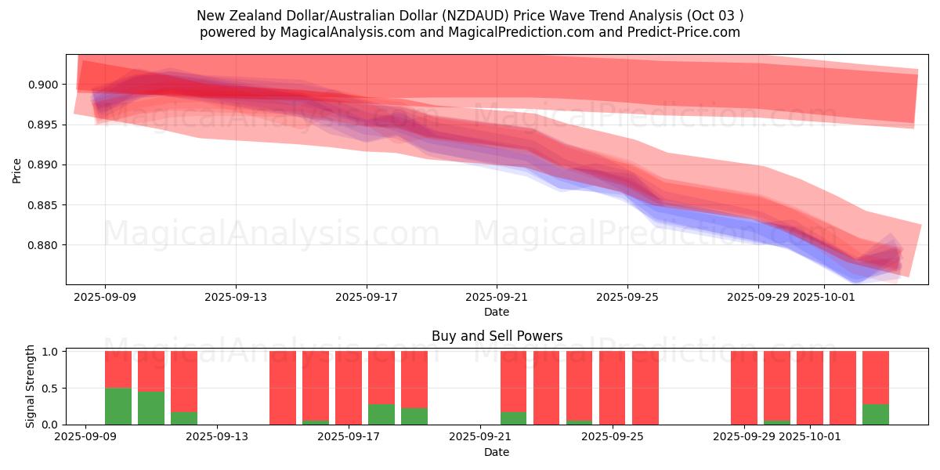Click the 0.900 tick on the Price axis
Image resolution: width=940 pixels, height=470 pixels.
pyautogui.click(x=45, y=85)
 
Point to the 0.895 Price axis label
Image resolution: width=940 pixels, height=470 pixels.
pyautogui.click(x=45, y=125)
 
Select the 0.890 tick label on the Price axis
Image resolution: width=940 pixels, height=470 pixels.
pyautogui.click(x=45, y=164)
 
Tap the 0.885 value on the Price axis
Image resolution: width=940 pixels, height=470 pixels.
pyautogui.click(x=45, y=205)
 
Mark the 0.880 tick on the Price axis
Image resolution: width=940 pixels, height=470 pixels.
pyautogui.click(x=45, y=245)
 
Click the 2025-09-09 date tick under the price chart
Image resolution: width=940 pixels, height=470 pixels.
pyautogui.click(x=105, y=298)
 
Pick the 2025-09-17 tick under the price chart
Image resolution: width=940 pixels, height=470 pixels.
pyautogui.click(x=366, y=298)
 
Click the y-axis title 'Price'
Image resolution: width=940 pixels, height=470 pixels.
pyautogui.click(x=17, y=170)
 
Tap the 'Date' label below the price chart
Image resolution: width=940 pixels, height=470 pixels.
pyautogui.click(x=496, y=313)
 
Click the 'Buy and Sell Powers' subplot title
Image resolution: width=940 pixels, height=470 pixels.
pyautogui.click(x=497, y=337)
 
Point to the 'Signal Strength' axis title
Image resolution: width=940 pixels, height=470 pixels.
pyautogui.click(x=31, y=386)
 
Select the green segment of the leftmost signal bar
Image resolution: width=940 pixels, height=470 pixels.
pyautogui.click(x=118, y=406)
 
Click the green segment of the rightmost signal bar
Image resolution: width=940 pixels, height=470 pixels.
pyautogui.click(x=876, y=414)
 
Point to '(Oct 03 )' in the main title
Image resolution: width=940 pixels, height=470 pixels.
pyautogui.click(x=714, y=16)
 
